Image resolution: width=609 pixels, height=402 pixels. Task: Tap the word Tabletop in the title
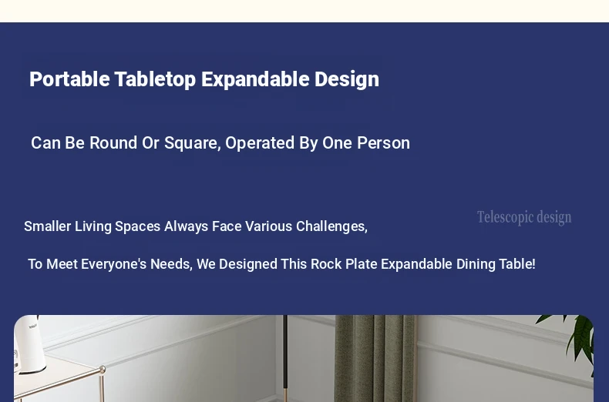[156, 80]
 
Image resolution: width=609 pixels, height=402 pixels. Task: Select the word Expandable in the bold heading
[255, 80]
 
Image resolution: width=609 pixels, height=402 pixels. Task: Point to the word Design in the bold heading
[347, 80]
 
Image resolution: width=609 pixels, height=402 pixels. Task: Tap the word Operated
[260, 143]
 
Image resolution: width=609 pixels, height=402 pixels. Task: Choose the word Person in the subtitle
[383, 142]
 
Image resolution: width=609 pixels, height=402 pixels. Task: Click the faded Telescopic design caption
[524, 217]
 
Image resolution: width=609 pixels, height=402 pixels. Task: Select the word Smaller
[47, 226]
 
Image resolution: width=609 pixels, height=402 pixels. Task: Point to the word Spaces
[137, 227]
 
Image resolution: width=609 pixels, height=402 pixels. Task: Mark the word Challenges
[331, 227]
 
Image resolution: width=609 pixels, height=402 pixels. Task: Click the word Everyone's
[113, 265]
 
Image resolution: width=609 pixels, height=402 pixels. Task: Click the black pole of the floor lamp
[285, 359]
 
